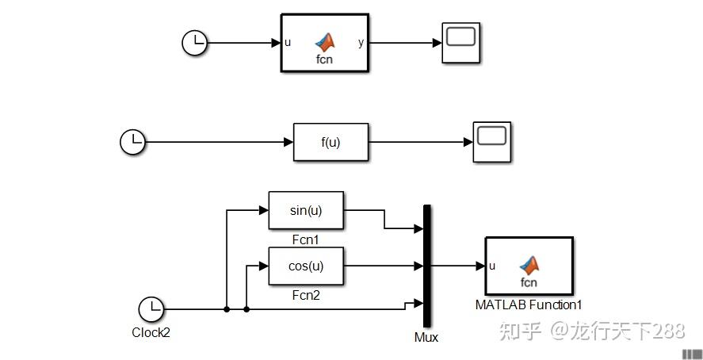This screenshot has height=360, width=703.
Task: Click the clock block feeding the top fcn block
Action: click(x=194, y=43)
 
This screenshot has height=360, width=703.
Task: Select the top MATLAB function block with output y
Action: click(x=325, y=43)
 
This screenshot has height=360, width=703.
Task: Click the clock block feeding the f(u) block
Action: click(x=132, y=143)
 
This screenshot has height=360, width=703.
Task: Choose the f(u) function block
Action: click(x=330, y=143)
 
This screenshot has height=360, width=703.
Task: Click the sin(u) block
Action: click(x=306, y=210)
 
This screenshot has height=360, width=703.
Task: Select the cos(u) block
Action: click(x=306, y=266)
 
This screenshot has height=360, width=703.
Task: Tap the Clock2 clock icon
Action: click(x=151, y=309)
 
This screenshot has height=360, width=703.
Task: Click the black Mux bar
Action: click(x=427, y=266)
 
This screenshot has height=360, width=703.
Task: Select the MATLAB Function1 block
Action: click(x=529, y=266)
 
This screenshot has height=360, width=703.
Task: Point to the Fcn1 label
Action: click(x=306, y=239)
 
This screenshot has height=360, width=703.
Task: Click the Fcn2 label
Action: click(x=306, y=295)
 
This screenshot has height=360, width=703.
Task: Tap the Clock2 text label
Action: click(x=151, y=332)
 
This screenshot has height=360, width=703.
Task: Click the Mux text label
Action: click(x=426, y=337)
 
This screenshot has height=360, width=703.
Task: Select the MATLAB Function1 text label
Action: click(x=529, y=304)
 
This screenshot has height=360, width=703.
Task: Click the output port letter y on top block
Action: click(x=361, y=43)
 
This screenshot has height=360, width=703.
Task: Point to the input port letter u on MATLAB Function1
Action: click(x=493, y=266)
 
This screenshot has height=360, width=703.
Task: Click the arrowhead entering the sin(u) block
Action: click(x=264, y=210)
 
